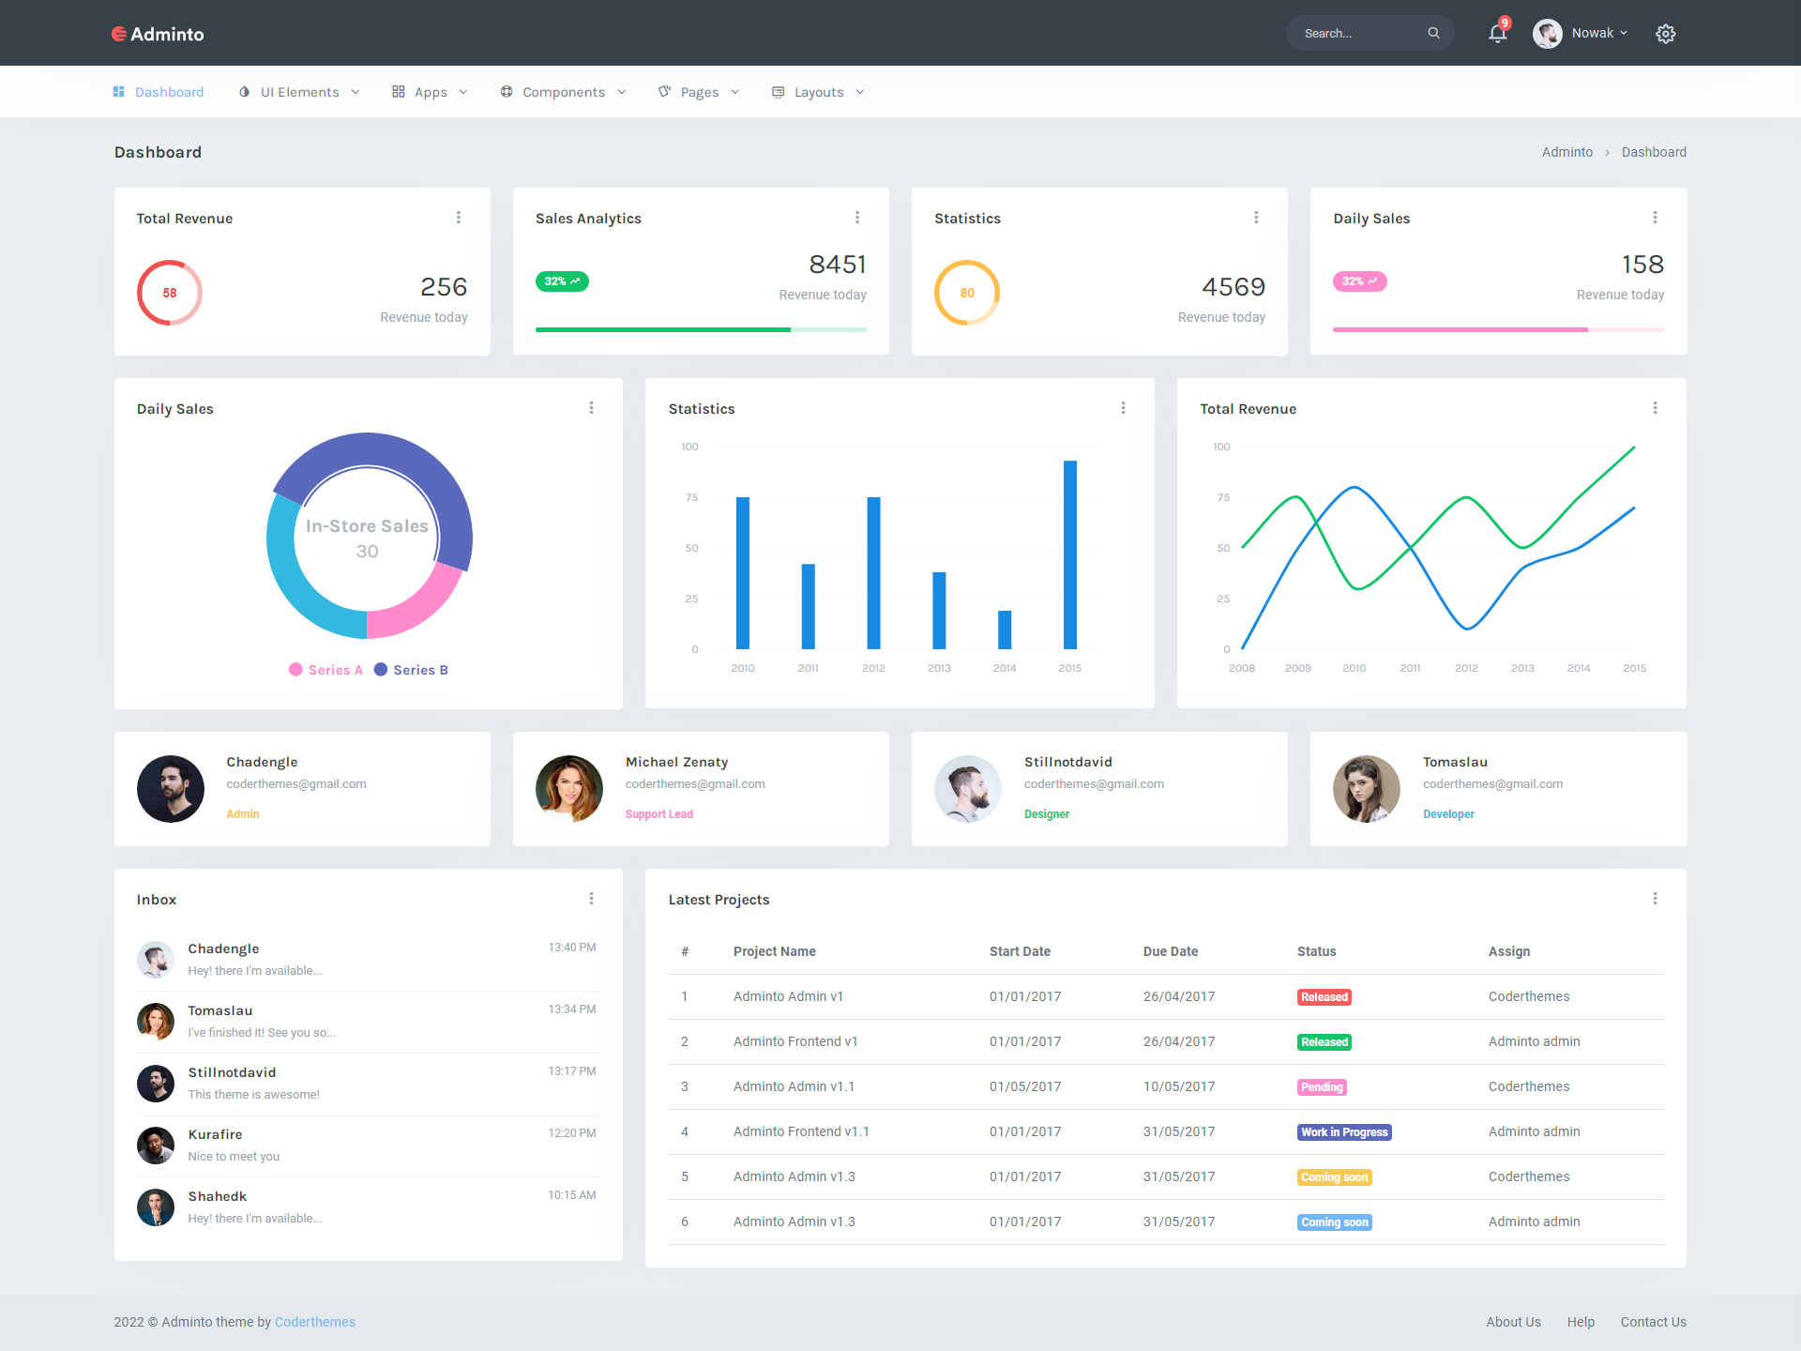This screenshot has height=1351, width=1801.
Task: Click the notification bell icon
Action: pyautogui.click(x=1497, y=34)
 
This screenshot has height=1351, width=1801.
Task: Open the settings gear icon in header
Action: pyautogui.click(x=1665, y=34)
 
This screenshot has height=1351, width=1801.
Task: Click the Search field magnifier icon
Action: pyautogui.click(x=1433, y=33)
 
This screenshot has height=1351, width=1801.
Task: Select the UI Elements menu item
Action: pyautogui.click(x=299, y=92)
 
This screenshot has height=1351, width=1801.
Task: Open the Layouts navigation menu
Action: pyautogui.click(x=818, y=92)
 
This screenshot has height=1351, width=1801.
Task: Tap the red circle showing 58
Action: pyautogui.click(x=170, y=293)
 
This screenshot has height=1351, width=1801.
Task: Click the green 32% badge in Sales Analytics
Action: pyautogui.click(x=562, y=281)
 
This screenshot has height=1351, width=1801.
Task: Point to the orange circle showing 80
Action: pyautogui.click(x=967, y=293)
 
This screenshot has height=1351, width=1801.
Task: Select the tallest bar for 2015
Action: pyautogui.click(x=1069, y=554)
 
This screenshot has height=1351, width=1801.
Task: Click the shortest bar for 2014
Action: pyautogui.click(x=1005, y=630)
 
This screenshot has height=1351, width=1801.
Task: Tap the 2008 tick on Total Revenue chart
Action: pyautogui.click(x=1242, y=668)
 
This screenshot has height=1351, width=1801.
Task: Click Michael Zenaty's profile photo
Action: pyautogui.click(x=569, y=789)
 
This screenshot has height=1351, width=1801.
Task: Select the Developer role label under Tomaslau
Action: pyautogui.click(x=1448, y=814)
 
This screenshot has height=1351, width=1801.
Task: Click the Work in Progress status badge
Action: pyautogui.click(x=1343, y=1132)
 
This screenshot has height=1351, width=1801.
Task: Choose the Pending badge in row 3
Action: pyautogui.click(x=1322, y=1087)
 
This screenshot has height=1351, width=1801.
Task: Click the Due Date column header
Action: pyautogui.click(x=1170, y=951)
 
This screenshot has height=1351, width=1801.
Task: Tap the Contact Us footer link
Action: pyautogui.click(x=1653, y=1322)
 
